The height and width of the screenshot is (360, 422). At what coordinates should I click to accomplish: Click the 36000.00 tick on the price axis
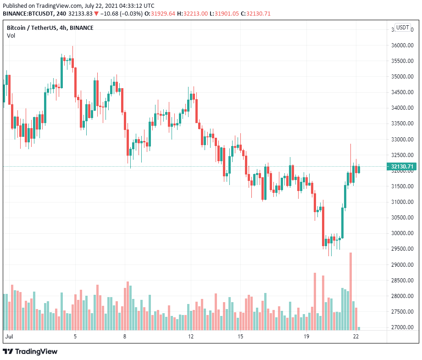[x=401, y=45]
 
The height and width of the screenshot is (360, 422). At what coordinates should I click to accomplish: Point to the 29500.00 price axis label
[x=401, y=249]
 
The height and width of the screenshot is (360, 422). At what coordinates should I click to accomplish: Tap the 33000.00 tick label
[x=401, y=139]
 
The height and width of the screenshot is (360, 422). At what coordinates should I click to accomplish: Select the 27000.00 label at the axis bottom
[x=401, y=327]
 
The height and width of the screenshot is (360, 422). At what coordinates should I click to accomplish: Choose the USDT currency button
[x=403, y=28]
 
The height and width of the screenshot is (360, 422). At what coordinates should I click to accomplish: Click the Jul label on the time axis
[x=9, y=337]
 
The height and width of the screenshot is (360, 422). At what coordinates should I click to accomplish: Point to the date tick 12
[x=191, y=337]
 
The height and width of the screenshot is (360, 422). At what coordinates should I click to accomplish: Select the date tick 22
[x=356, y=337]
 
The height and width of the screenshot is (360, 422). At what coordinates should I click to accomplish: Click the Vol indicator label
[x=11, y=36]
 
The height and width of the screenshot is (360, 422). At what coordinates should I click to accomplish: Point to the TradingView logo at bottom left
[x=31, y=351]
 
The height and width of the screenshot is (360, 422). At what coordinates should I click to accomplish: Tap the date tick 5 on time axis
[x=75, y=337]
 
